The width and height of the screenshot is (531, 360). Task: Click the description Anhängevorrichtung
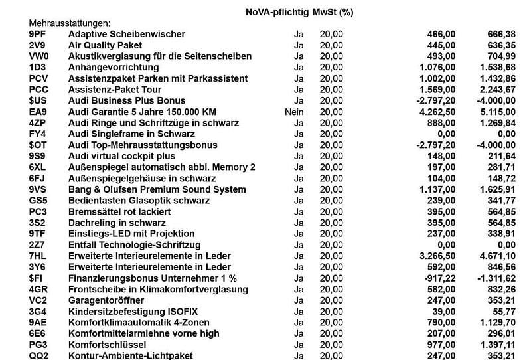point(114,67)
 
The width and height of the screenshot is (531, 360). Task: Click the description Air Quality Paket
point(106,45)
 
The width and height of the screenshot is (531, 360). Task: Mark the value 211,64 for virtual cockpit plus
point(500,156)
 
